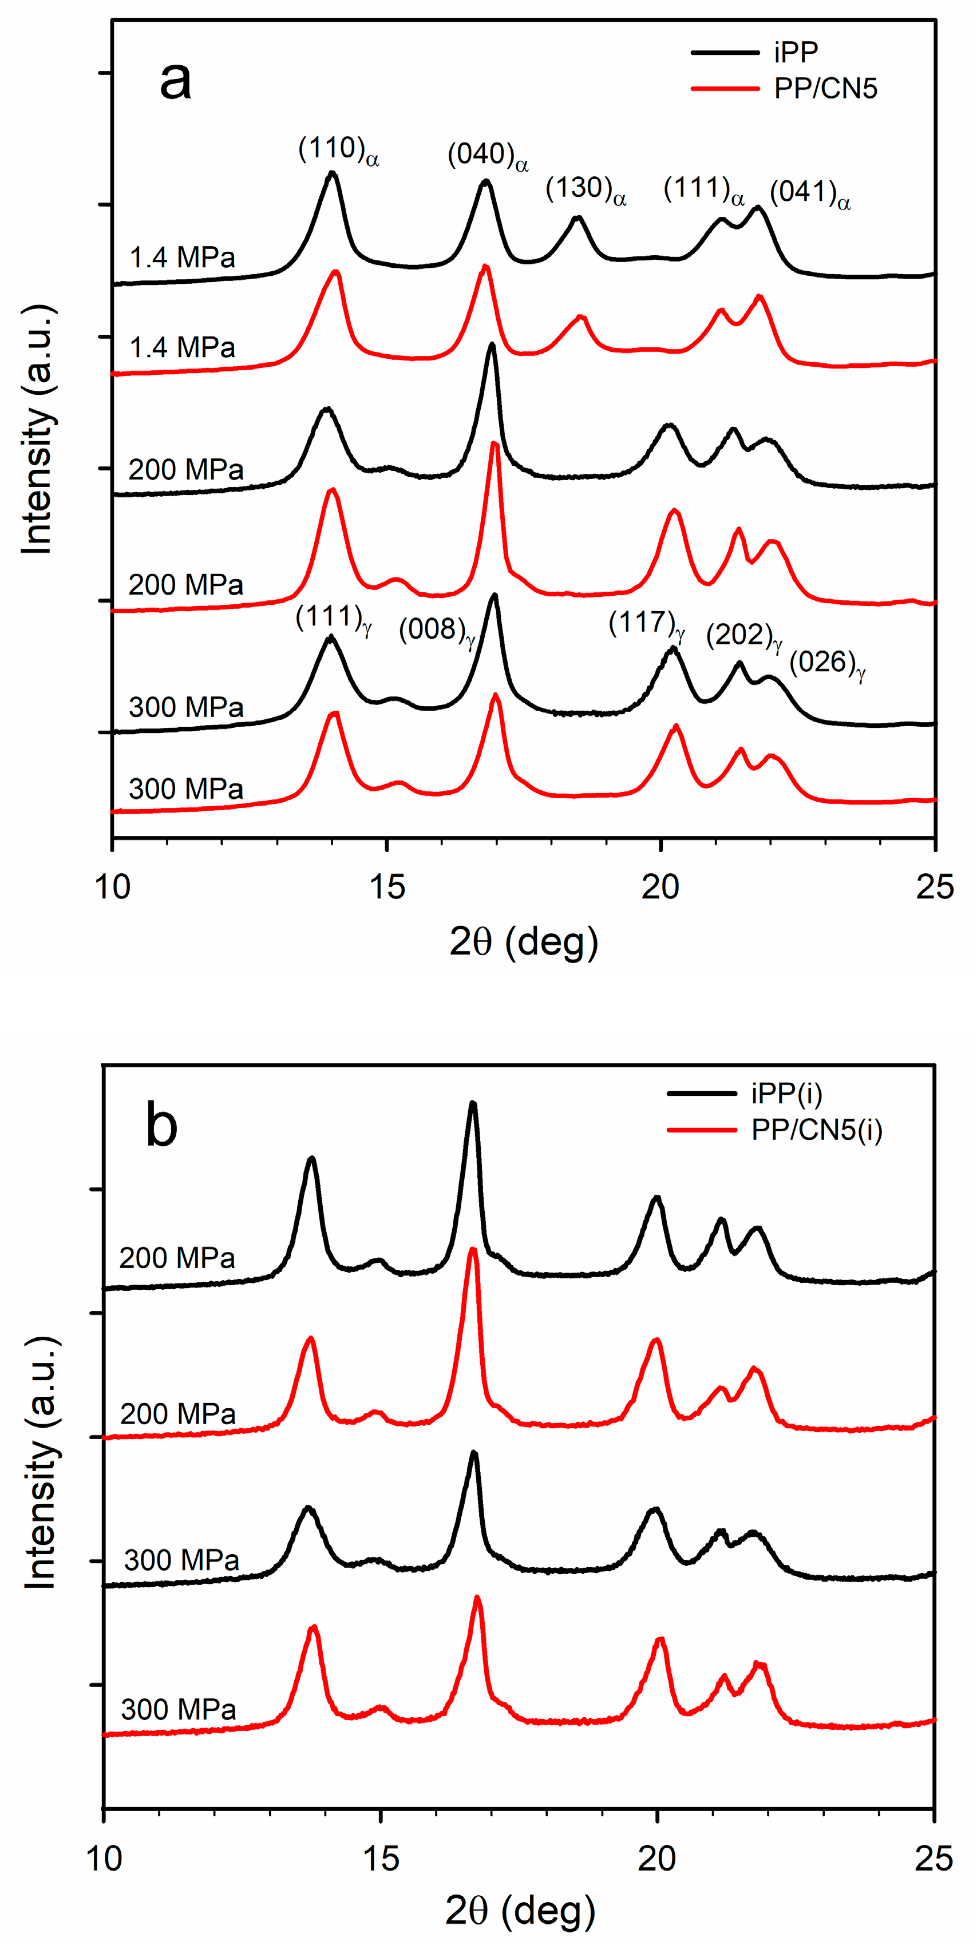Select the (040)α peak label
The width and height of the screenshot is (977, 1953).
coord(487,156)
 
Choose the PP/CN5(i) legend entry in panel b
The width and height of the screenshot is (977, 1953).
coord(816,1130)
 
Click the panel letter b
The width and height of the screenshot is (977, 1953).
coord(161,1126)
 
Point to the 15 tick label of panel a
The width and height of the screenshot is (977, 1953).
coord(387,887)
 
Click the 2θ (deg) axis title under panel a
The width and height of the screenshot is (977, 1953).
coord(523,942)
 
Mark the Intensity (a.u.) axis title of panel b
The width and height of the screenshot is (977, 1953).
coord(41,1463)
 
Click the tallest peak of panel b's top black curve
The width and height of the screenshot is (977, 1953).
coord(473,1104)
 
